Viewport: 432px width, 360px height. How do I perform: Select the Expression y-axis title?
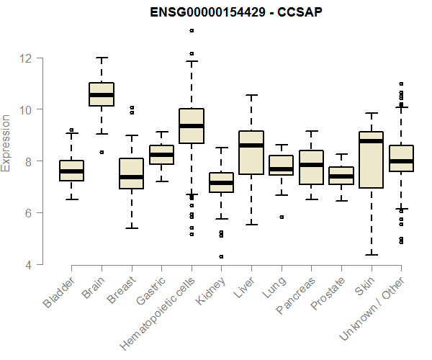(x=6, y=143)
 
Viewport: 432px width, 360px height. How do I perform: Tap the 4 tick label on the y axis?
(x=29, y=264)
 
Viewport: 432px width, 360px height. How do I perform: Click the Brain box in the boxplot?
(x=102, y=94)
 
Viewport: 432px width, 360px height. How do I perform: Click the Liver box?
(x=251, y=153)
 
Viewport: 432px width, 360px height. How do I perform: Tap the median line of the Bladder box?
(x=71, y=171)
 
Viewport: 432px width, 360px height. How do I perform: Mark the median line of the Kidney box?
(x=221, y=183)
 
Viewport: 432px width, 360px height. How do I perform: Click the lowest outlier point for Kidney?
(x=221, y=256)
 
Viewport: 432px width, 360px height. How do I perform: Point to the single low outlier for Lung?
(x=281, y=217)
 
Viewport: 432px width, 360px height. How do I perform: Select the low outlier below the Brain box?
(x=102, y=152)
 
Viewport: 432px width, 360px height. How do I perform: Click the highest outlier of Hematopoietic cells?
(x=192, y=30)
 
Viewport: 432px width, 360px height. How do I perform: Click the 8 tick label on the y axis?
(x=29, y=161)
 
